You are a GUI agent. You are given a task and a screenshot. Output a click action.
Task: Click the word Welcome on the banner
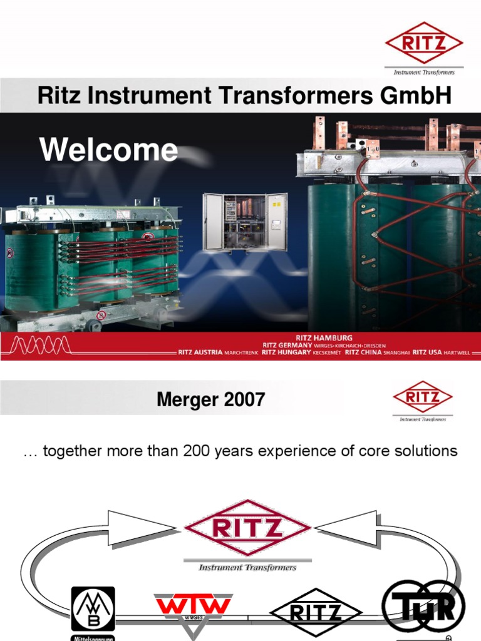108,150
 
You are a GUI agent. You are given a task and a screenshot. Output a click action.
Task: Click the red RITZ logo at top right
424,42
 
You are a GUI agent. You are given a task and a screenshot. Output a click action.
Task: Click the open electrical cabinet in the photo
245,222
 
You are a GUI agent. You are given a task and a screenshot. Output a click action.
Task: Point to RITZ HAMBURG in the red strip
324,338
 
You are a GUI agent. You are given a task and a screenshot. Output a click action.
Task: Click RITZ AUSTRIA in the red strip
200,352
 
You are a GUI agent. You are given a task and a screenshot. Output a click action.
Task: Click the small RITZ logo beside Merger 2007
423,397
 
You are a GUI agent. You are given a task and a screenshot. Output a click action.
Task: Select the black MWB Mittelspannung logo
93,610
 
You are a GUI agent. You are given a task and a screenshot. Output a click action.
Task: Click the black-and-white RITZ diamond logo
316,612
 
